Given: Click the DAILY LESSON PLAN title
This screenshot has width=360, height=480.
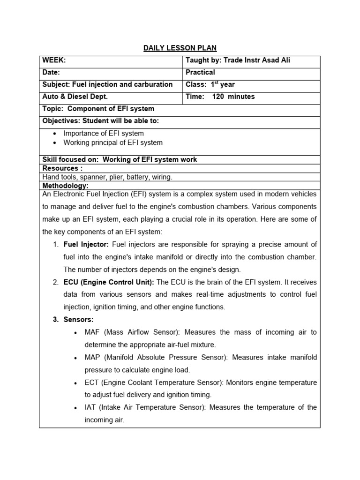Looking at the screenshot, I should click(180, 48).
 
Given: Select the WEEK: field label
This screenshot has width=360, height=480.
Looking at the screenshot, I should click(54, 60).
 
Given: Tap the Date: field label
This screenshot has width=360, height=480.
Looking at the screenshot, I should click(52, 72).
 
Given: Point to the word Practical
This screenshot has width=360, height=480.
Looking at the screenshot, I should click(200, 72).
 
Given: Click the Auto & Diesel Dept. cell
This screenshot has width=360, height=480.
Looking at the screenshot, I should click(75, 97).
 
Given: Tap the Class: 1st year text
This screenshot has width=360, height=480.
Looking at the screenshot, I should click(210, 84).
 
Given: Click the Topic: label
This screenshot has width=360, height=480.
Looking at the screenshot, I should click(52, 109).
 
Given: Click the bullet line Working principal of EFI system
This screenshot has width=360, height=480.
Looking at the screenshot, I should click(113, 142).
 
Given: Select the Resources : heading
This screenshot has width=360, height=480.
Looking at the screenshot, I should click(62, 168).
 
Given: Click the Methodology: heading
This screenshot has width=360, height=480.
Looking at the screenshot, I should click(65, 186).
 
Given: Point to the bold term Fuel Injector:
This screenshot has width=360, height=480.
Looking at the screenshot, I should click(86, 245).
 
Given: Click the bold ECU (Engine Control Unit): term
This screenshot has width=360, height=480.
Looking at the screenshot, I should click(109, 282).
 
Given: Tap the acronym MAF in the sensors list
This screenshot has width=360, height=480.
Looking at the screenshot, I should click(93, 332).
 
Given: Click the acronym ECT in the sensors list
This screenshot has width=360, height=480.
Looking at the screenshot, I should click(92, 382).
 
